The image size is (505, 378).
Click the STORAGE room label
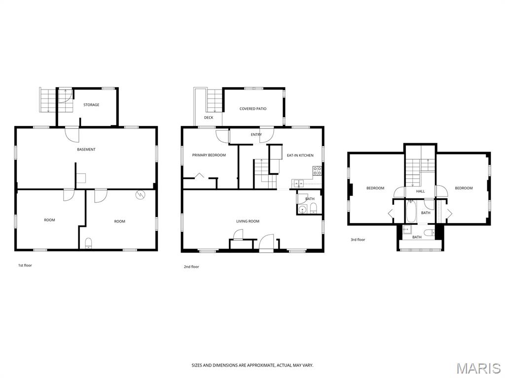tap(91, 105)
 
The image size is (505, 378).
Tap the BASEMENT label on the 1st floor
tap(86, 150)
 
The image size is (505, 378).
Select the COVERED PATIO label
tap(253, 109)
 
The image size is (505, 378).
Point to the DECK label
tap(209, 118)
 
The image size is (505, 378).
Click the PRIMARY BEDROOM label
tap(209, 155)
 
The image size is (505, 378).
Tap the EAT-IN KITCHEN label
tap(300, 156)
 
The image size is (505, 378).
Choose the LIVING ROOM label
tap(248, 221)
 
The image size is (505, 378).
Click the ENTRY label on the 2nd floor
tap(256, 135)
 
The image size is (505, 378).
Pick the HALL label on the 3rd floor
tap(420, 191)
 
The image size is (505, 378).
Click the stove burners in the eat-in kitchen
tap(317, 171)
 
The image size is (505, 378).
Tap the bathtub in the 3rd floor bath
tap(411, 212)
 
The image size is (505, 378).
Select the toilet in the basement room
tap(88, 243)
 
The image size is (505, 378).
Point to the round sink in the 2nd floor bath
tap(302, 210)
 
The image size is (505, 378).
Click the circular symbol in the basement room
tap(140, 194)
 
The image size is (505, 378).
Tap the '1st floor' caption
tap(25, 265)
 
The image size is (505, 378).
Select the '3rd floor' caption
tap(358, 240)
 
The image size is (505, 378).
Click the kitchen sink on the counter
tap(297, 184)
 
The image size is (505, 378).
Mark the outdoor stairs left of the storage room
tap(48, 99)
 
